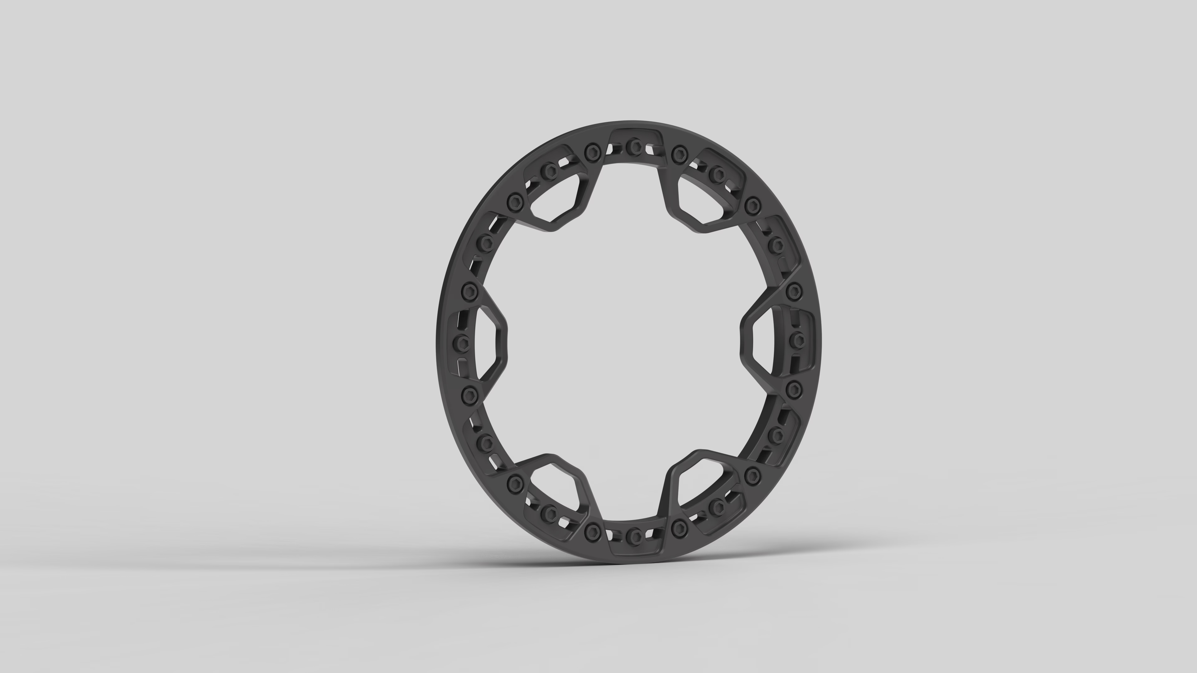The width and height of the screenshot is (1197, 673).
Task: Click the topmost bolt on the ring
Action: pyautogui.click(x=633, y=147)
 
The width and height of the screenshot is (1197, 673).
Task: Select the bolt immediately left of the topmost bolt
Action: pyautogui.click(x=591, y=150)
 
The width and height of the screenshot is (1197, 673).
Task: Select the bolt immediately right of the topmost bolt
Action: pyautogui.click(x=679, y=151)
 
